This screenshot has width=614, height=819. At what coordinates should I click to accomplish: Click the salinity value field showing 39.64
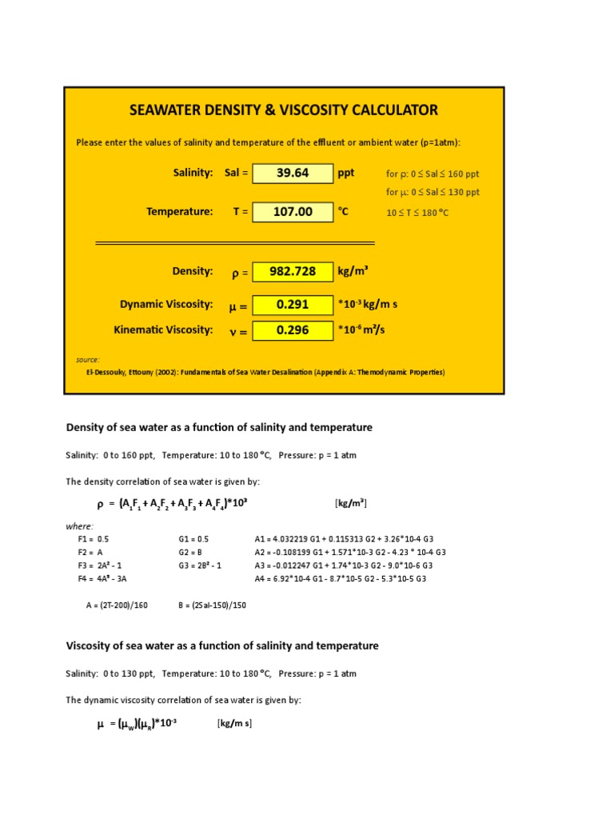tap(293, 174)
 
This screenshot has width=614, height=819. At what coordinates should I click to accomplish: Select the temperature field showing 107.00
tap(293, 212)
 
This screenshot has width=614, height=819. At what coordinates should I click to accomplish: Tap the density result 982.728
tap(293, 272)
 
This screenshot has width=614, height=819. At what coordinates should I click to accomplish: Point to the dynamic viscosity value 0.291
tap(293, 305)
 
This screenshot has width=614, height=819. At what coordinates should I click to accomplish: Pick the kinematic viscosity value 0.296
tap(293, 330)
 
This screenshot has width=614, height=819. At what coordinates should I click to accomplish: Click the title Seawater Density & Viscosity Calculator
tap(284, 110)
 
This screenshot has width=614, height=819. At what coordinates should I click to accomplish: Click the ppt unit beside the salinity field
tap(345, 173)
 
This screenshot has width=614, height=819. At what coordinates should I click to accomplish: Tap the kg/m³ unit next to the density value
tap(353, 271)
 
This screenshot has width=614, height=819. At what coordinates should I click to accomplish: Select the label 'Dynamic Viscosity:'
tap(166, 304)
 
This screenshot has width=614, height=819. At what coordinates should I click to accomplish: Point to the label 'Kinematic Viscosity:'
tap(164, 330)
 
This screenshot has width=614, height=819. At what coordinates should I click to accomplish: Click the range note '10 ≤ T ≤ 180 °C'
tap(417, 213)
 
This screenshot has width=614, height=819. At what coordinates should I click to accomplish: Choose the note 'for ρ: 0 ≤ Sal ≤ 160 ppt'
tap(433, 174)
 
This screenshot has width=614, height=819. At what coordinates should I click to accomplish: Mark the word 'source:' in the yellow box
tap(88, 360)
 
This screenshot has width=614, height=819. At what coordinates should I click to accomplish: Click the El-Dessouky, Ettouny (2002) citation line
tap(265, 373)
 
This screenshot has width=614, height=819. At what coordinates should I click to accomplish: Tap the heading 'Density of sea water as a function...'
tap(219, 428)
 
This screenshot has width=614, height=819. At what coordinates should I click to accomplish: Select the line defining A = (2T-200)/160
tap(117, 605)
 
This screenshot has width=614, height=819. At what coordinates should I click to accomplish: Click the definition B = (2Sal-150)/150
tap(212, 605)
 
